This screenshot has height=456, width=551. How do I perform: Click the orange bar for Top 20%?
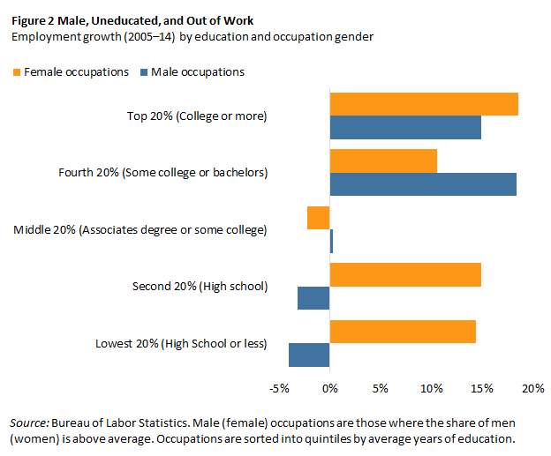point(424,104)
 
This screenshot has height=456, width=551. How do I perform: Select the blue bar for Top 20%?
point(405,128)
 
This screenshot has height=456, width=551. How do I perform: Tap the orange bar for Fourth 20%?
point(383,161)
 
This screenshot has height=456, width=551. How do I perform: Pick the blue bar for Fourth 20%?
point(423,184)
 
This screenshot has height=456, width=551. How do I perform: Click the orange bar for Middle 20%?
point(319,218)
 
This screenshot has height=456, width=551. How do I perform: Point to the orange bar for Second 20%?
point(405,274)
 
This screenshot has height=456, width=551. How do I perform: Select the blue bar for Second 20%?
point(313,298)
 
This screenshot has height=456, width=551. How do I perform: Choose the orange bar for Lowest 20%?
point(403,332)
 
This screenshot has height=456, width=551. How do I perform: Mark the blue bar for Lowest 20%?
point(309,355)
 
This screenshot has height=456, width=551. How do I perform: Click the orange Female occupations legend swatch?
point(17,71)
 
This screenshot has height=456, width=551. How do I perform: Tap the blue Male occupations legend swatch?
point(144,71)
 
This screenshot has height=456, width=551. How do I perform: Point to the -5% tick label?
point(279,388)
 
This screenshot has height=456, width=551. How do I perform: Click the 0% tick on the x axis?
point(329,388)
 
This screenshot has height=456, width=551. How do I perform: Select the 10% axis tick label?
point(431,388)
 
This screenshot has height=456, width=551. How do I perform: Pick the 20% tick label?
point(532,388)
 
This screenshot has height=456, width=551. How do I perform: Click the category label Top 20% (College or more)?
point(197,116)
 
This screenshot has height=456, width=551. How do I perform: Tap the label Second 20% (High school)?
point(200,286)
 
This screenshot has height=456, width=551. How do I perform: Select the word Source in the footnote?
point(29,422)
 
